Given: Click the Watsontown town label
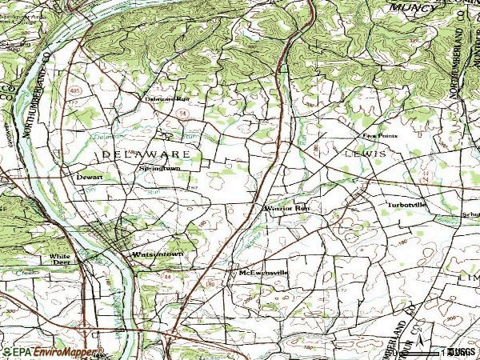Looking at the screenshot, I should click(157, 254).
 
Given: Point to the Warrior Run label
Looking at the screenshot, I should click(285, 209).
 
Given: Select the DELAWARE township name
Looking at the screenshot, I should click(145, 152).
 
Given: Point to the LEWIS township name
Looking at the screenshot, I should click(366, 151).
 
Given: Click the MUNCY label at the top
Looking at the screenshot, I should click(412, 7).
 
